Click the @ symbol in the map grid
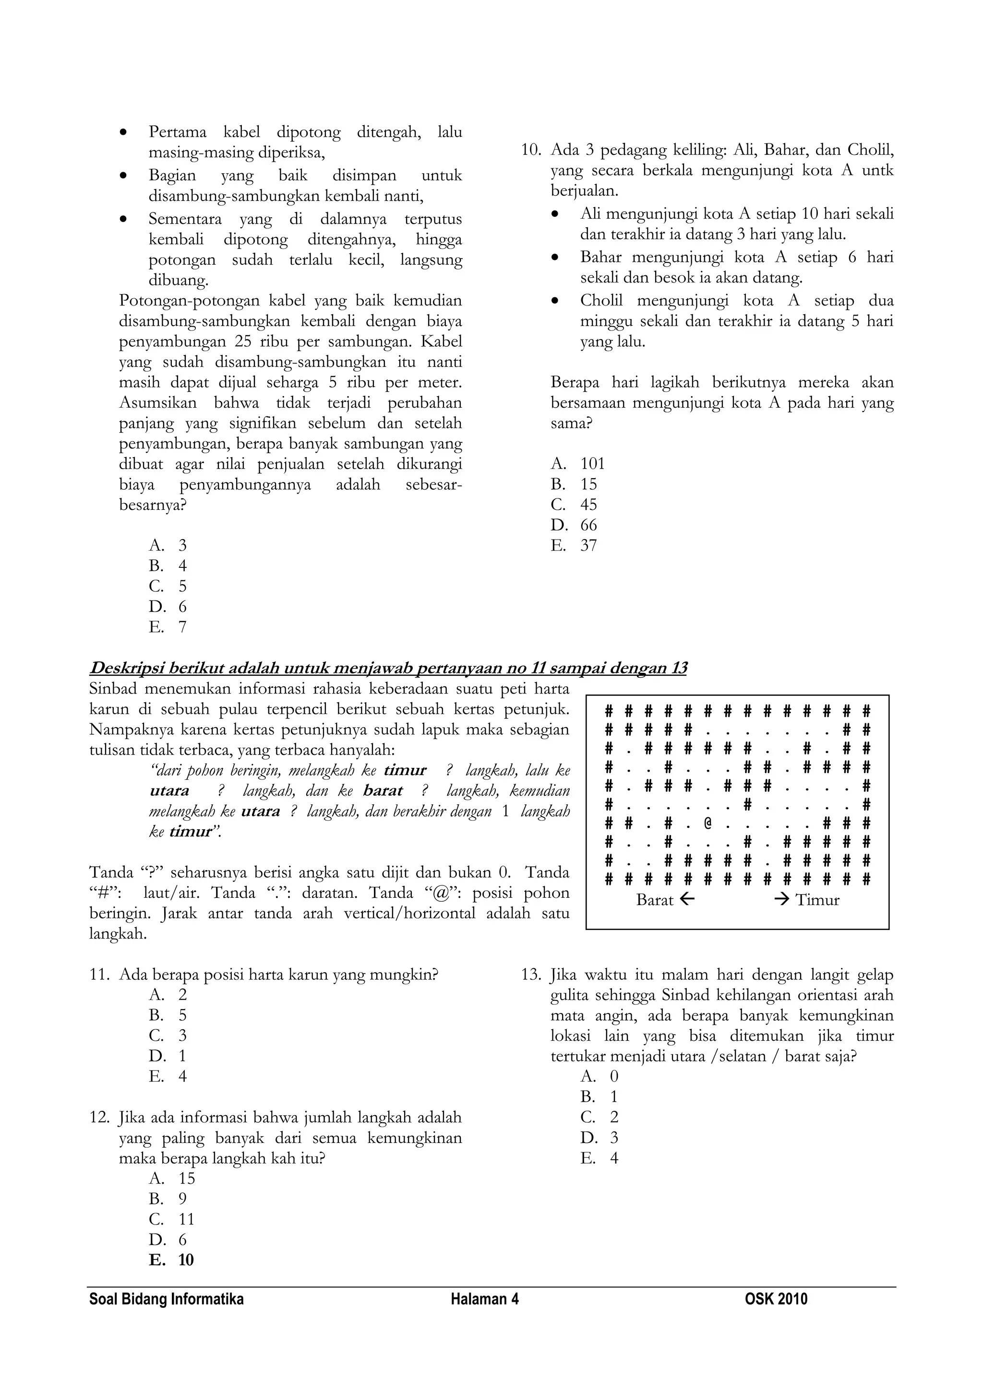707,824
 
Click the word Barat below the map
654,900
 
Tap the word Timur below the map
817,900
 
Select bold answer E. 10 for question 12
171,1260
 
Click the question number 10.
531,150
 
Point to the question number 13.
531,975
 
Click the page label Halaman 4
484,1299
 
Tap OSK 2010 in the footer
776,1299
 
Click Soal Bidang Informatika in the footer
167,1299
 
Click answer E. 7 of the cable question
168,627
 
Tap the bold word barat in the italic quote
383,791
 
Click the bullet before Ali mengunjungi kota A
555,215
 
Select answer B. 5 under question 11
168,1016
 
